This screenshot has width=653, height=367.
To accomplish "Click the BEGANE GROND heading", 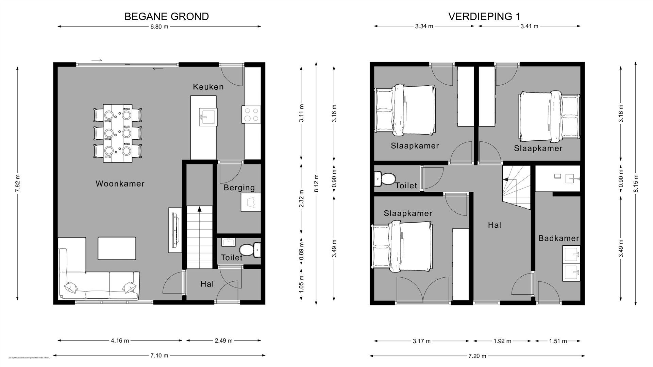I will (166, 16).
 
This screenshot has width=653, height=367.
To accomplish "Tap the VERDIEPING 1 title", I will (484, 16).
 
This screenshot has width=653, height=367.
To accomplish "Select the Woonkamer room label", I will (120, 184).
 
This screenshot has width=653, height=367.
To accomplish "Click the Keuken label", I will (208, 87).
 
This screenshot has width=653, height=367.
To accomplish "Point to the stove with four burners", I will (251, 115).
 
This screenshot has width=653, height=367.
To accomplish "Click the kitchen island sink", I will (207, 117).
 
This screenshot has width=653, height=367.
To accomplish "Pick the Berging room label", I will (239, 188).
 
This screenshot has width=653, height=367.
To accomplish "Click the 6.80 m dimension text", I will (159, 27).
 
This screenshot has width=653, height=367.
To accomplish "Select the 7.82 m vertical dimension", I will (18, 183).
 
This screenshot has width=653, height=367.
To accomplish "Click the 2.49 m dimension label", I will (224, 340).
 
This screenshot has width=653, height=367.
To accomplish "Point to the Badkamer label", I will (558, 238).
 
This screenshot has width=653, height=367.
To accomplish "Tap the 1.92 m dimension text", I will (502, 341).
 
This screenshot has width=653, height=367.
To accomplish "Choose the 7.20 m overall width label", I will (477, 356).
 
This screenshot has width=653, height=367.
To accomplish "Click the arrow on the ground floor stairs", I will (199, 209).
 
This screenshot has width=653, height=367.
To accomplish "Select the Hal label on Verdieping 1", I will (494, 225).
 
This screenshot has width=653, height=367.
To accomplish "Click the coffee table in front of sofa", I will (117, 248).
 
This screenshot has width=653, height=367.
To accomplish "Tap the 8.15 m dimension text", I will (636, 183).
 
